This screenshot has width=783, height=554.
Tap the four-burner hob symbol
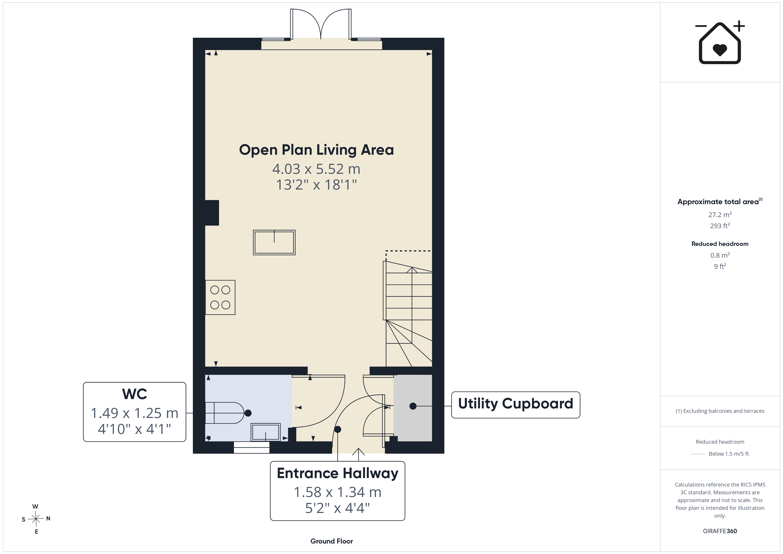(220, 297)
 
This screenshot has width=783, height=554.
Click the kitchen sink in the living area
(274, 243)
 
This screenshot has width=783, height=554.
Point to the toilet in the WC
(225, 413)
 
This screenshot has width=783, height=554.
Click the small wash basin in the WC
(266, 432)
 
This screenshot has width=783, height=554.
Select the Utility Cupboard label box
(516, 405)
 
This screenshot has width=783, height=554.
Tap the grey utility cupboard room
(413, 408)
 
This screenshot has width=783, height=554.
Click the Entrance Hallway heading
(338, 473)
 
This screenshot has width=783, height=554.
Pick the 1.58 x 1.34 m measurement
(338, 492)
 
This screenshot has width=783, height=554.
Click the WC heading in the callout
(135, 394)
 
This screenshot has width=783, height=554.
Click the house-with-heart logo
(720, 42)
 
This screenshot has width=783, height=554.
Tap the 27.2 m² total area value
(720, 215)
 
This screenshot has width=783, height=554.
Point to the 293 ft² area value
(720, 226)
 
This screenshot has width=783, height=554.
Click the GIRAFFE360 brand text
(720, 531)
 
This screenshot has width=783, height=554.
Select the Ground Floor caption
(332, 541)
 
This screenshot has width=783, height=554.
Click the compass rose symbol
(36, 519)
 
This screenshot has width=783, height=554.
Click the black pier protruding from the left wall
(212, 213)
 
